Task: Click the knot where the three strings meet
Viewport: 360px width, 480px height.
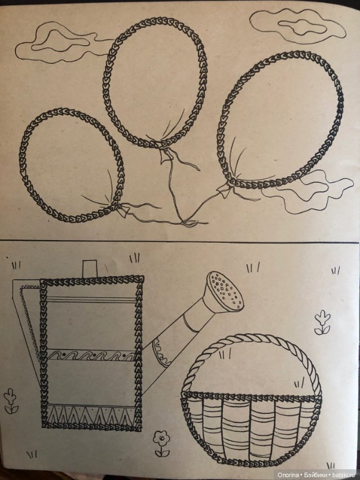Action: [x=185, y=223]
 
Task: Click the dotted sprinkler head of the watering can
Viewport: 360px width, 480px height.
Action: [x=225, y=290]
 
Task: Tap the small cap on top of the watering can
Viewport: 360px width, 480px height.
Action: [x=90, y=268]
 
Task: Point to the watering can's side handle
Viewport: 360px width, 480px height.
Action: [x=26, y=318]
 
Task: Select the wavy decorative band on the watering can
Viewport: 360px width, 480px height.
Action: [x=91, y=356]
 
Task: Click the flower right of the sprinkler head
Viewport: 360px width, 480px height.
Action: [x=322, y=322]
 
